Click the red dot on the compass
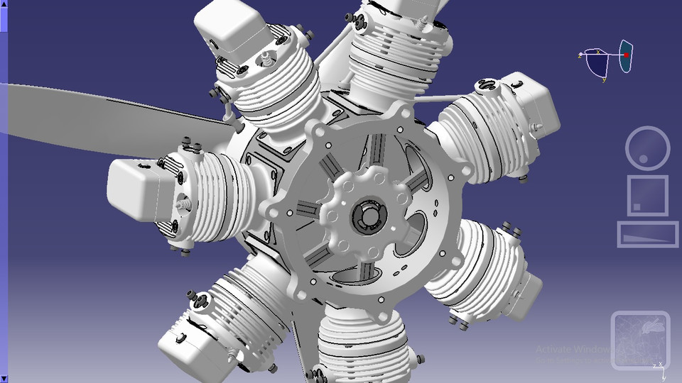coord(627,55)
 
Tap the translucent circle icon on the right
coord(647,148)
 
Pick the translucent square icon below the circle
coord(647,195)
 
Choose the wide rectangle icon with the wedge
coord(647,234)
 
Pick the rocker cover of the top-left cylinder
coord(229,28)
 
